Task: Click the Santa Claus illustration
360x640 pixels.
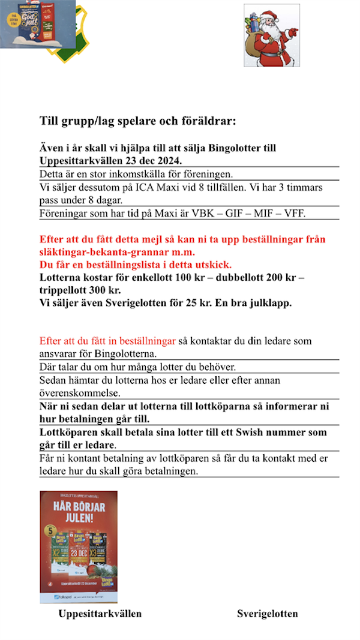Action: click(271, 35)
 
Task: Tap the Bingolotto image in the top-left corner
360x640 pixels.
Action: click(37, 24)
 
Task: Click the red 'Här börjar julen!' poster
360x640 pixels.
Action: click(79, 546)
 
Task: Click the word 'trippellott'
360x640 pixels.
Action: click(64, 290)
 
